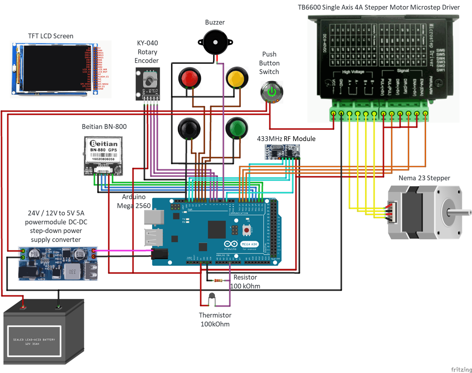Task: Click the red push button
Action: click(190, 78)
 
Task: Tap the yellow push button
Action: click(237, 78)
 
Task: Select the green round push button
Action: click(236, 128)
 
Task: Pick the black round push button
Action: click(189, 128)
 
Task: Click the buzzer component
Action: click(215, 42)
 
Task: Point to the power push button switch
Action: click(272, 92)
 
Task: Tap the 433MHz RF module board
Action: click(282, 152)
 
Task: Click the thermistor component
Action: click(212, 296)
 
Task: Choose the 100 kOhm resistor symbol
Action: click(218, 280)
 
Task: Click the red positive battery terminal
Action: click(23, 307)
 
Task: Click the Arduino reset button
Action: click(247, 230)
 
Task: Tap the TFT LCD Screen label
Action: click(50, 36)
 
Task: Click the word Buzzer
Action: click(215, 22)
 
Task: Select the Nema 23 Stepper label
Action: click(424, 178)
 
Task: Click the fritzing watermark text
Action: click(461, 369)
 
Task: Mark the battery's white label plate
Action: click(34, 341)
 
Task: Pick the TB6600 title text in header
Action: click(378, 7)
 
